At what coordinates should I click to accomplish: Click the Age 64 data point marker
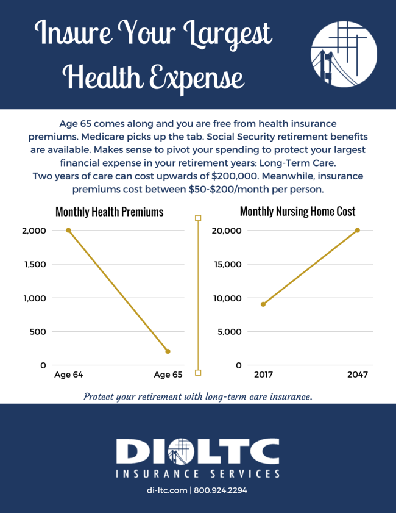click(x=68, y=231)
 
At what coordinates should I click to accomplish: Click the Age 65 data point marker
click(x=168, y=351)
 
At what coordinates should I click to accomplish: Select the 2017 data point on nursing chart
click(x=263, y=304)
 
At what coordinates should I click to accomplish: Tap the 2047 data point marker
click(x=357, y=231)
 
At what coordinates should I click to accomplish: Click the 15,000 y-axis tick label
click(x=226, y=264)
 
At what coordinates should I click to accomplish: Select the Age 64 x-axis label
click(x=68, y=375)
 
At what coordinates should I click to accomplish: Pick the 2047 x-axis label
click(x=358, y=375)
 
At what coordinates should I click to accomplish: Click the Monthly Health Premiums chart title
click(x=109, y=212)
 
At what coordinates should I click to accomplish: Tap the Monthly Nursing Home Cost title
click(x=297, y=212)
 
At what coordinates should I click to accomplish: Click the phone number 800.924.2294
click(x=221, y=490)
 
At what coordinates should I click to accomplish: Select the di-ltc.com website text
click(x=168, y=490)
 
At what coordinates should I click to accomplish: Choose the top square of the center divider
click(x=198, y=218)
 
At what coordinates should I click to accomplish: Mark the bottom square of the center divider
click(x=198, y=372)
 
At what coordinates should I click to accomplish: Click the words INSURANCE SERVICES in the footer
click(x=198, y=473)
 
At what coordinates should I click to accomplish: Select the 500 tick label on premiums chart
click(x=38, y=332)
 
